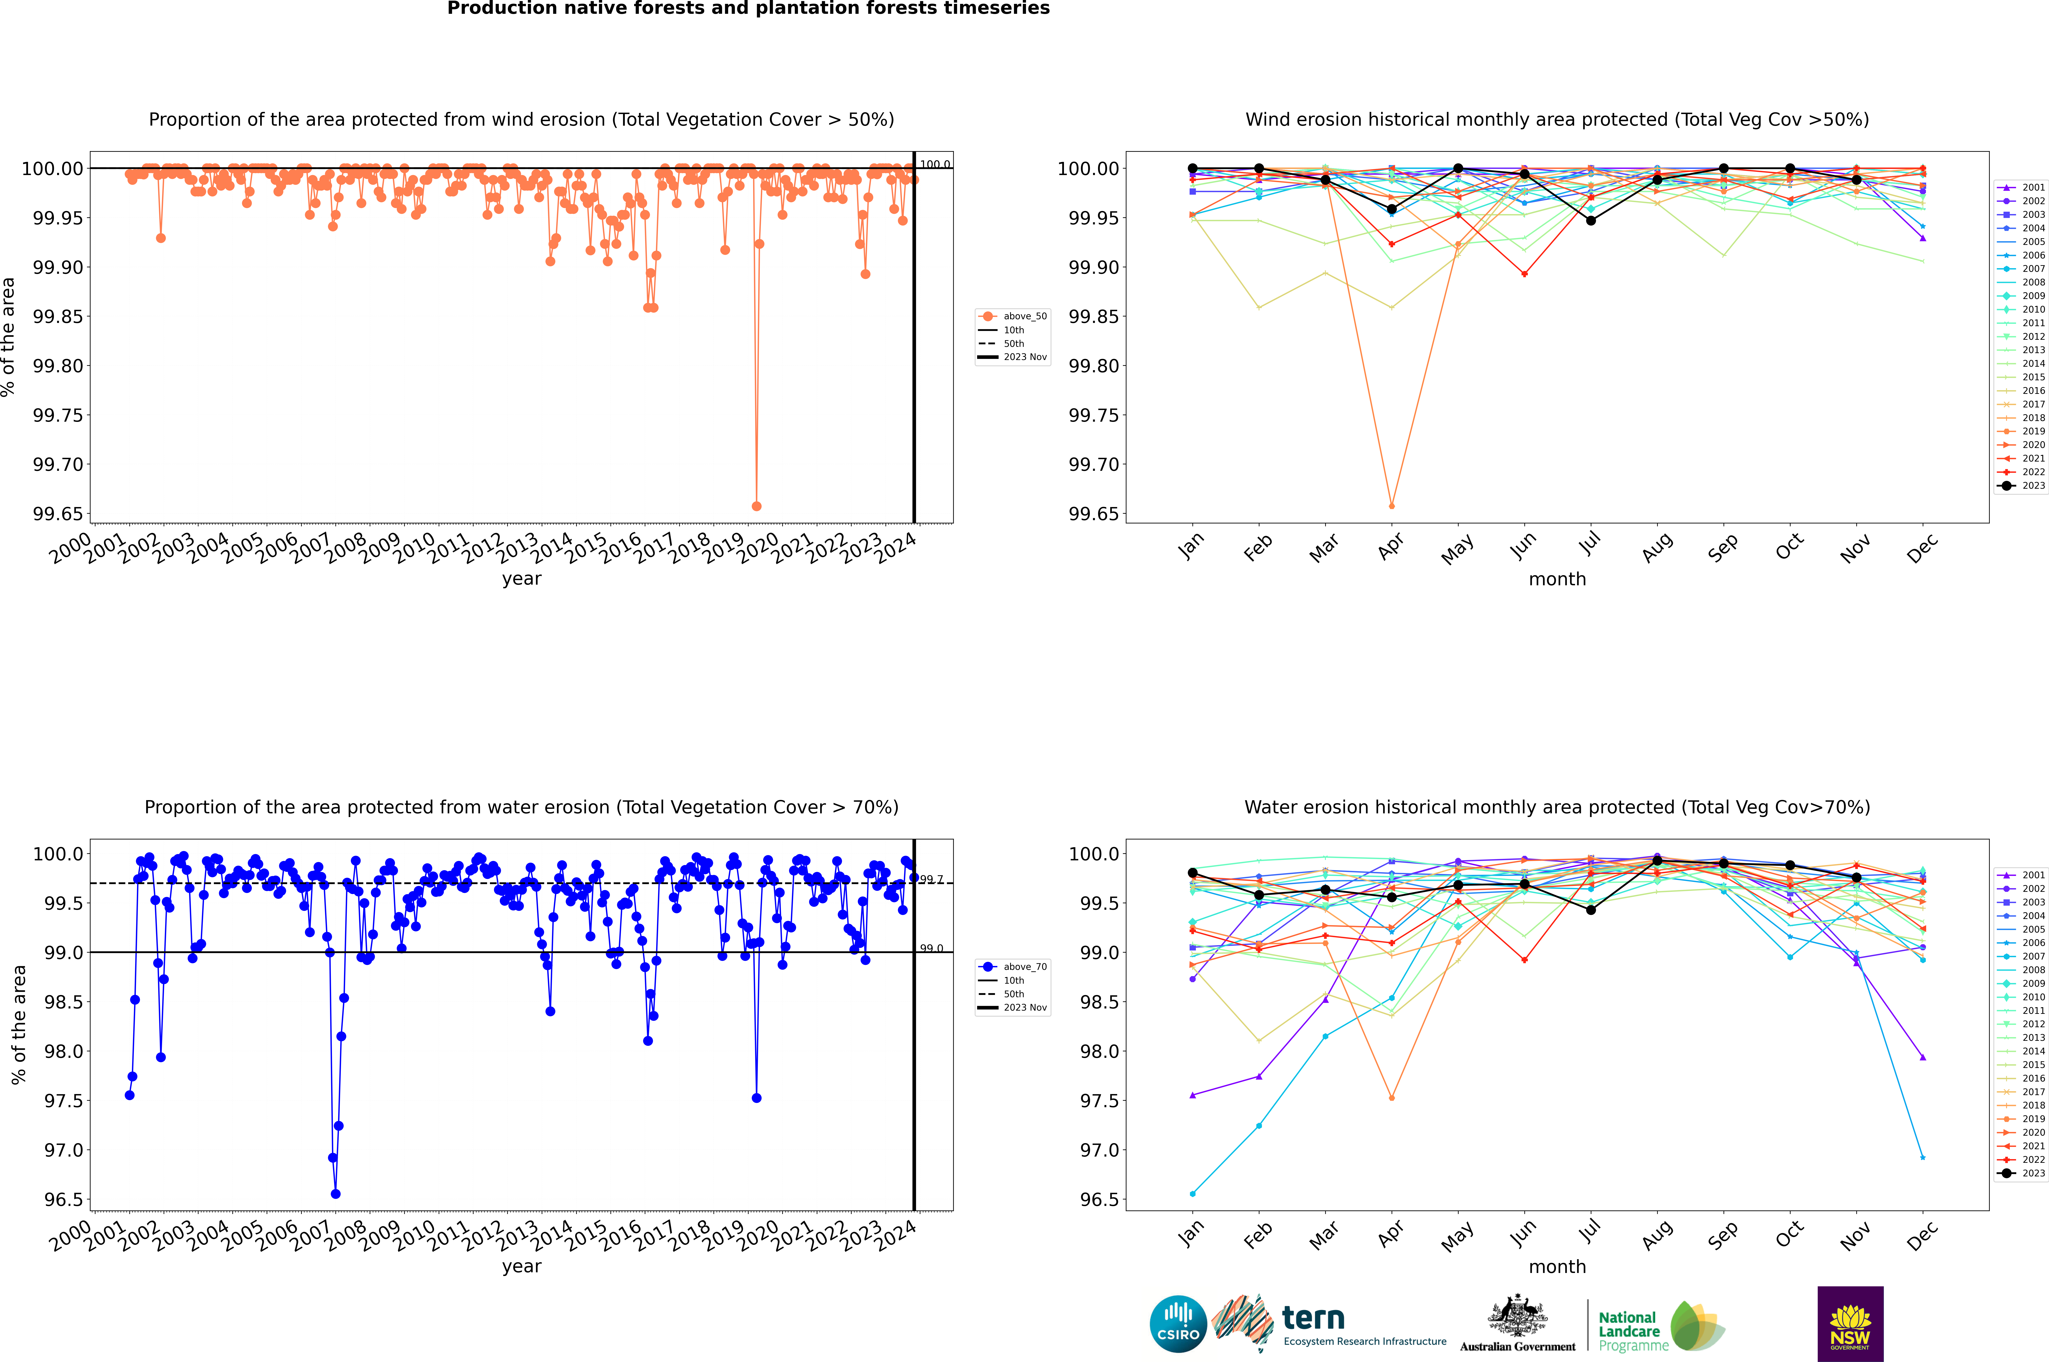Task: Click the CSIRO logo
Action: pos(1178,1324)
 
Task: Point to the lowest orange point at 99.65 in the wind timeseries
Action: pos(757,506)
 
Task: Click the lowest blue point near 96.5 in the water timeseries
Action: pos(335,1193)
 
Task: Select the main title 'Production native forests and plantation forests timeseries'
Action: pos(748,9)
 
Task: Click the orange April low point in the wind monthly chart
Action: pos(1392,506)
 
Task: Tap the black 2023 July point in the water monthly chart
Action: pos(1590,910)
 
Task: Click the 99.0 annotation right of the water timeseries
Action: pos(931,949)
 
